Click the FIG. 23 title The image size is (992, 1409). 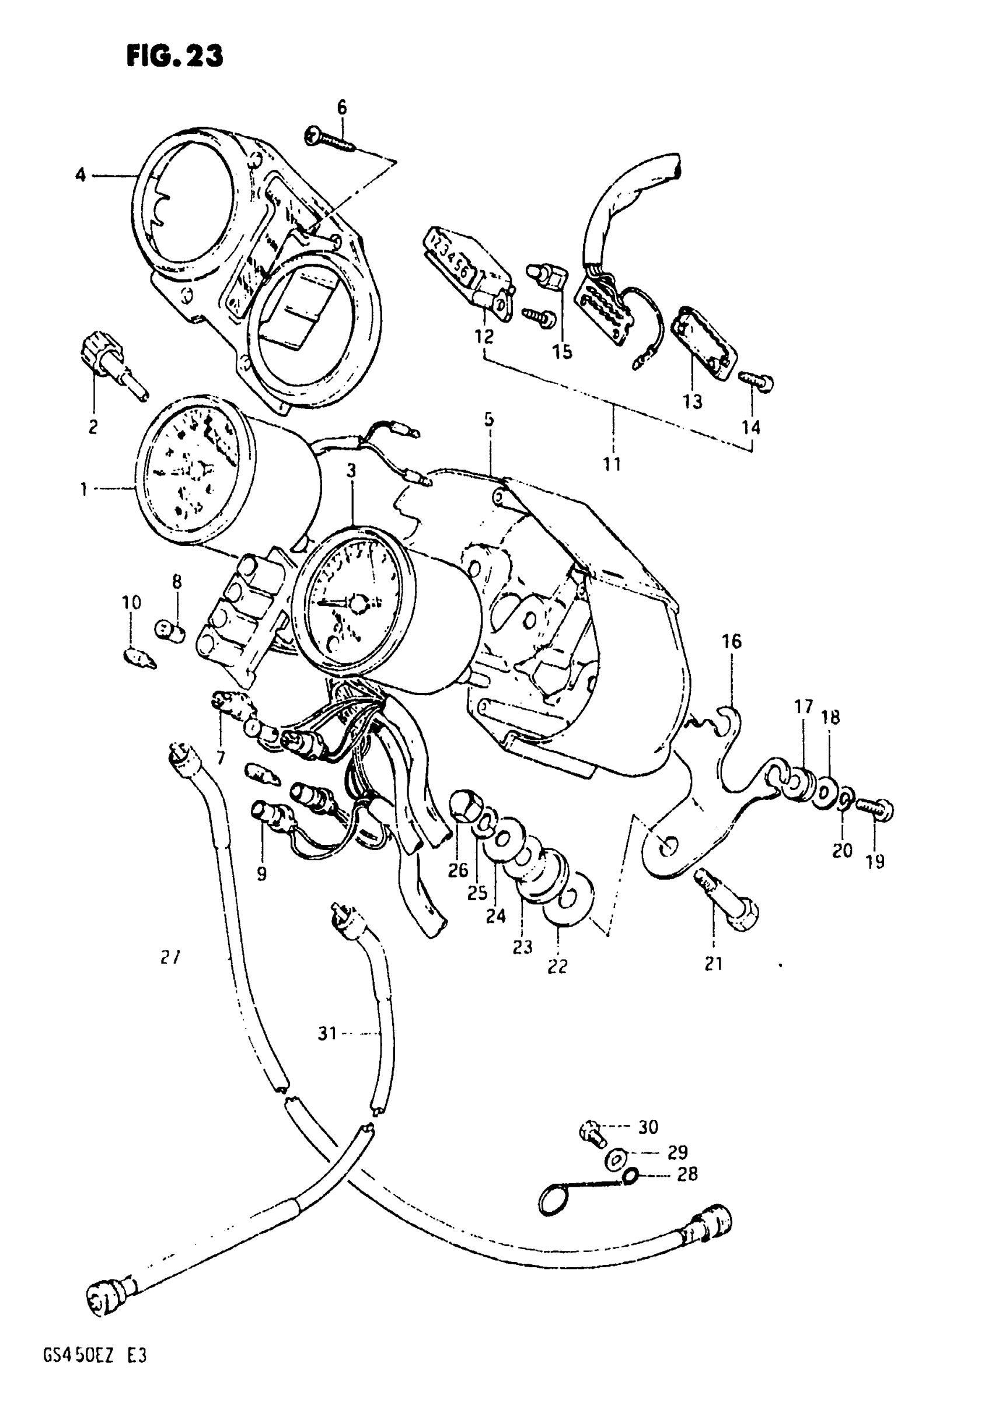click(174, 56)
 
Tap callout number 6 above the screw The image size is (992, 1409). click(342, 107)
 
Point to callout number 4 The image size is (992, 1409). click(81, 176)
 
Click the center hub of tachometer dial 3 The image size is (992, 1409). click(357, 603)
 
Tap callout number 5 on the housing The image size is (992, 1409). click(488, 419)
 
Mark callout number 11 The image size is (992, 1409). click(612, 464)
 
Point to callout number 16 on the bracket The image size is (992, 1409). click(732, 642)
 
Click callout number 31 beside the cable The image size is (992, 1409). click(327, 1033)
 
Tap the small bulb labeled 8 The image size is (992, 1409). click(169, 630)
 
